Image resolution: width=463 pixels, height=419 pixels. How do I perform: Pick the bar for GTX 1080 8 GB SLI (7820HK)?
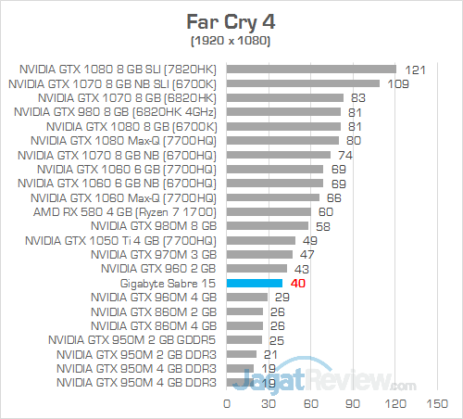[311, 69]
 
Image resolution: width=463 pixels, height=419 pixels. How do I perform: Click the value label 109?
[395, 83]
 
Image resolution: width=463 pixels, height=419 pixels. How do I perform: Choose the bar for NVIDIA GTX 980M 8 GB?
[268, 225]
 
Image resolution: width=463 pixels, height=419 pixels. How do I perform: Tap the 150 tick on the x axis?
[430, 403]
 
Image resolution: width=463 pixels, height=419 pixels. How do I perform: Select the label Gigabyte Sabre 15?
[168, 283]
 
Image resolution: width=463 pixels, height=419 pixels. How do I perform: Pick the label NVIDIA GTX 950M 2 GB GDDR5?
[138, 339]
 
